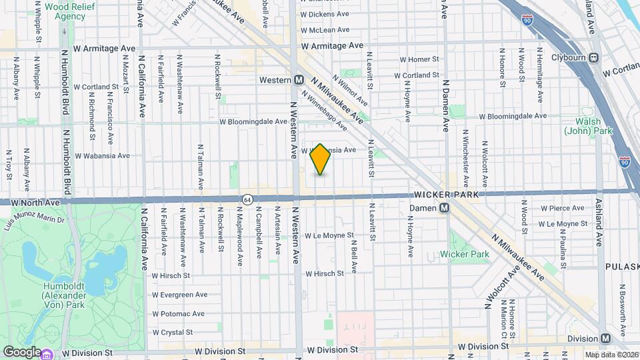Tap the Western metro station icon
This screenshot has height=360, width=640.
[x=299, y=79]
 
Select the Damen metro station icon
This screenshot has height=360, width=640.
[x=445, y=208]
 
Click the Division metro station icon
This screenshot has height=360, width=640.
[x=605, y=339]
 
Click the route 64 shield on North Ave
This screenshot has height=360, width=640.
[x=247, y=199]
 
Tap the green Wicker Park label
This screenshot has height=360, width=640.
[x=465, y=254]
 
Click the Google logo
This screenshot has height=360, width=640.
[x=22, y=351]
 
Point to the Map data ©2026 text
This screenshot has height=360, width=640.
[x=611, y=355]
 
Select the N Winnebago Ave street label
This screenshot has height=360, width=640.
[x=325, y=111]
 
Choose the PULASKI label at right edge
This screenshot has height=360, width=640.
[x=622, y=266]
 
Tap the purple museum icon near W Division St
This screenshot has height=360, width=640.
[x=48, y=353]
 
